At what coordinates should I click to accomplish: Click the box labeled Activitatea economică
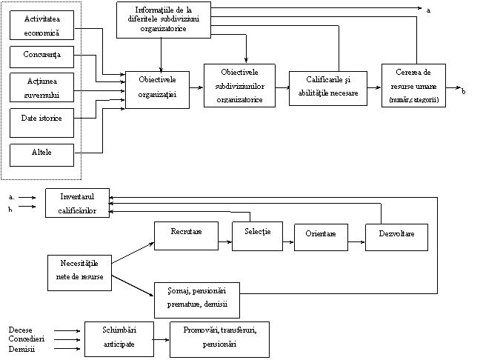[42, 25]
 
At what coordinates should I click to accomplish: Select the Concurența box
[42, 57]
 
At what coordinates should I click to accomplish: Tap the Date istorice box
[42, 123]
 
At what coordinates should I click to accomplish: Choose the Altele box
[42, 156]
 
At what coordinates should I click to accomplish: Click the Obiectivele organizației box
[157, 90]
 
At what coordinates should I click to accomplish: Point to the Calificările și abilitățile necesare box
[328, 88]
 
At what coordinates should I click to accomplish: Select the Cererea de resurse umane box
[413, 86]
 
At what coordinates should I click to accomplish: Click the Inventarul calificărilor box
[77, 203]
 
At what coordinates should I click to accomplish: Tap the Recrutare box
[187, 236]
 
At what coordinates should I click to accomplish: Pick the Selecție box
[258, 236]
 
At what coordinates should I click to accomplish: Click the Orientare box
[321, 238]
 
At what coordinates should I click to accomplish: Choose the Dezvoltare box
[397, 238]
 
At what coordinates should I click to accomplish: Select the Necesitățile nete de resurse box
[79, 273]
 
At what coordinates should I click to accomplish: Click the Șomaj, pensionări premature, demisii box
[197, 300]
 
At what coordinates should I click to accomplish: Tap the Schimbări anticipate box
[119, 339]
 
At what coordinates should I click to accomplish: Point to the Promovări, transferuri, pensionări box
[219, 340]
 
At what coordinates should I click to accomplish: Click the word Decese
[20, 330]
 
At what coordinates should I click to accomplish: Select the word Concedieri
[27, 339]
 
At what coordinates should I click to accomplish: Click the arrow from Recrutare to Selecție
[225, 241]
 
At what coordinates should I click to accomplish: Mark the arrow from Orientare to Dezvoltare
[357, 242]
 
